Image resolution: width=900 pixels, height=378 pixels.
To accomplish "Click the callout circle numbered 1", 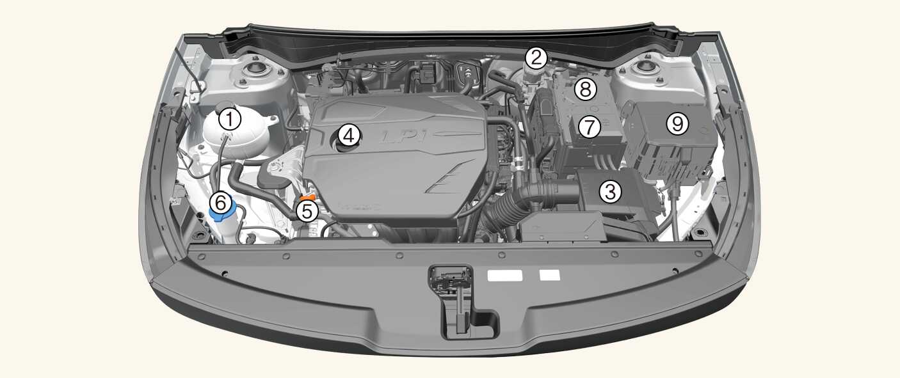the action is click(x=230, y=119).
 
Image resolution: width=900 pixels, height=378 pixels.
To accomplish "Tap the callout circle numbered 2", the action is click(x=536, y=58).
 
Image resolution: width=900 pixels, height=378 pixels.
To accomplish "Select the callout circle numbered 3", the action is click(x=610, y=191).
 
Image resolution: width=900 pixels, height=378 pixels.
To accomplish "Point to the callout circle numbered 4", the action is click(x=348, y=135).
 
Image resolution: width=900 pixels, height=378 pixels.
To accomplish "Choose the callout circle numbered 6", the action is click(x=221, y=203).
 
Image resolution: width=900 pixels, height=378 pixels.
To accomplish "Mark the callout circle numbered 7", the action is click(x=590, y=127).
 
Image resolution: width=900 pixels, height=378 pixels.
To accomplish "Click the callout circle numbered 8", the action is click(x=585, y=89).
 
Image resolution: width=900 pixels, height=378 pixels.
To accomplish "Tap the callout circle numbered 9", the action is click(x=677, y=123).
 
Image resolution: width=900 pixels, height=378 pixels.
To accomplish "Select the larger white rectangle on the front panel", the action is click(x=505, y=275).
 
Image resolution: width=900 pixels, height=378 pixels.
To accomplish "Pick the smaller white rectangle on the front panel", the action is click(x=550, y=275).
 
